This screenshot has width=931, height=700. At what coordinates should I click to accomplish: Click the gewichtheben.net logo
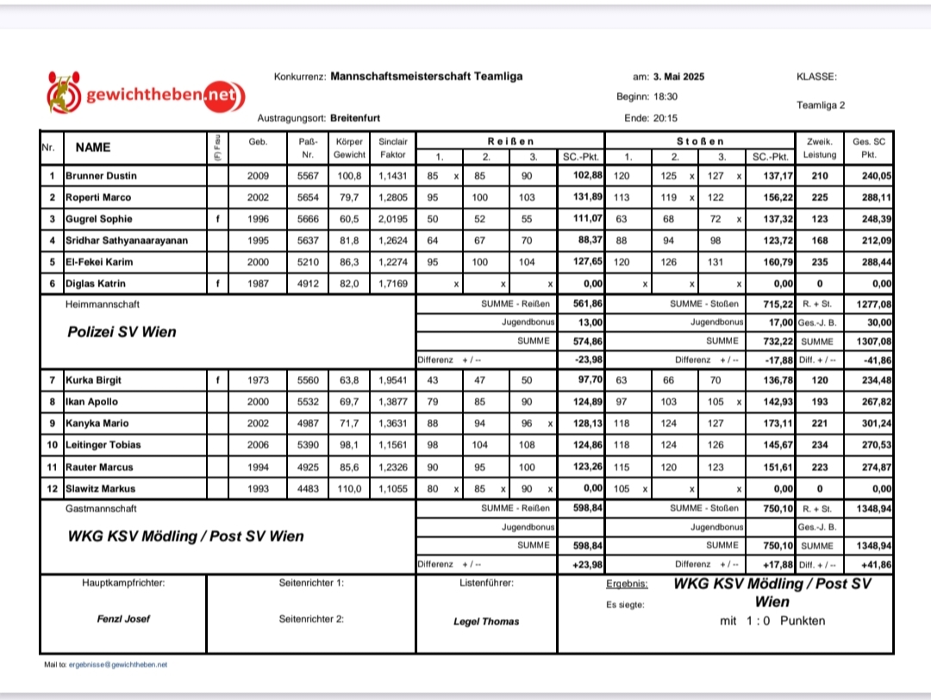(147, 94)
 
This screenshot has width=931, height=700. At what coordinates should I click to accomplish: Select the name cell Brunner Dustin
(101, 176)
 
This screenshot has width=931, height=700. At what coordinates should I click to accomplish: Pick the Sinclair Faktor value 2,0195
(392, 219)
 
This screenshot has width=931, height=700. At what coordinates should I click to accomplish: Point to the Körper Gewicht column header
(349, 147)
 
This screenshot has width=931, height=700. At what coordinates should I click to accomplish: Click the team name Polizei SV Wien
(122, 332)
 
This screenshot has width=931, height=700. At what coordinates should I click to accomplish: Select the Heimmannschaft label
(102, 304)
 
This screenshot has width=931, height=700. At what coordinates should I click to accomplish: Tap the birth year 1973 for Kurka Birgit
(258, 380)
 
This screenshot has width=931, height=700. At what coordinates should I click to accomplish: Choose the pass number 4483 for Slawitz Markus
(308, 488)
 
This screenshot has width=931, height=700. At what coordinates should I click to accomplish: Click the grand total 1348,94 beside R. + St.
(871, 509)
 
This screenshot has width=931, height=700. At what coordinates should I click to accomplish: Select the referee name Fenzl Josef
(122, 619)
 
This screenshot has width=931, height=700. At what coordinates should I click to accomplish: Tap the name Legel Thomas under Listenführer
(486, 622)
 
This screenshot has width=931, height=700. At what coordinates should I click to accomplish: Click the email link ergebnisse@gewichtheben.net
(118, 665)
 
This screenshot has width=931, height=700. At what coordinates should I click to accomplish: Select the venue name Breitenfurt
(355, 118)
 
